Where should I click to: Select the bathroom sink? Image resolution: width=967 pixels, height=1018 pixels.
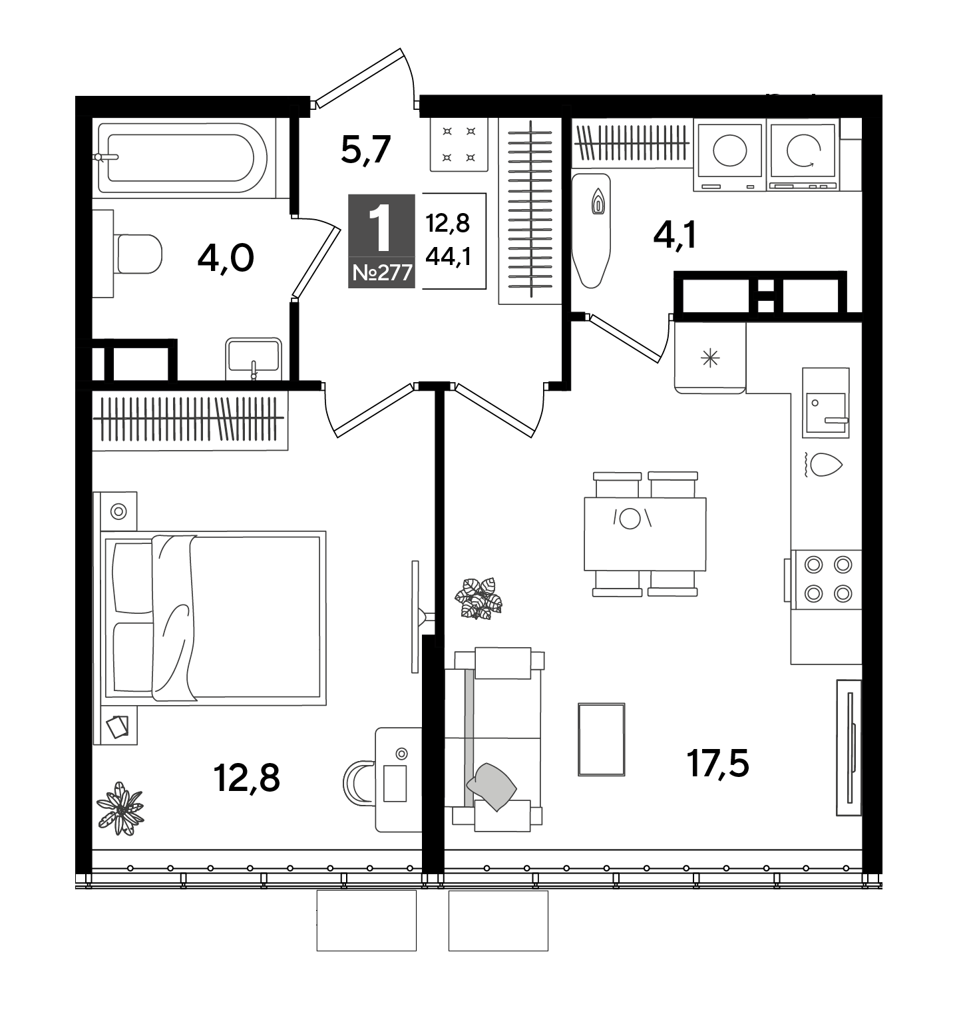pyautogui.click(x=253, y=359)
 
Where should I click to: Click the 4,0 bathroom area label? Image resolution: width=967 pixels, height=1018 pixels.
pyautogui.click(x=226, y=258)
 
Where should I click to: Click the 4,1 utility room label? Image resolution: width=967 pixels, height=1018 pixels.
pyautogui.click(x=675, y=236)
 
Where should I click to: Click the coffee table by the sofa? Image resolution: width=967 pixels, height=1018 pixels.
pyautogui.click(x=602, y=739)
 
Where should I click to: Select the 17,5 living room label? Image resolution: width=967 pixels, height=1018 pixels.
pyautogui.click(x=718, y=763)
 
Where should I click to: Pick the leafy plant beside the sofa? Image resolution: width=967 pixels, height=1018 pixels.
pyautogui.click(x=478, y=598)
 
